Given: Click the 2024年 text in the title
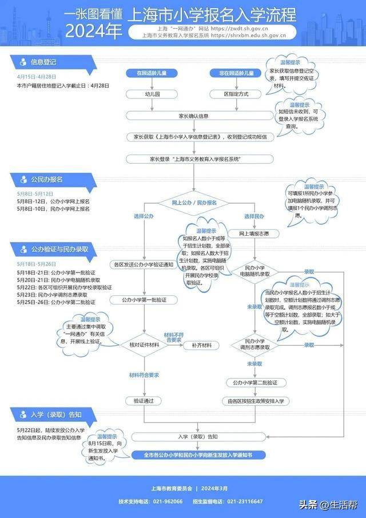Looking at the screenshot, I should click(89, 31).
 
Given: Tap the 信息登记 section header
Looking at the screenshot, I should click(43, 61).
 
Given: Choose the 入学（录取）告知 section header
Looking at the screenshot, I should click(55, 414).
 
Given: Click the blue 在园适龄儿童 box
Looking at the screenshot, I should click(152, 74).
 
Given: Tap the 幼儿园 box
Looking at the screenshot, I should click(152, 93).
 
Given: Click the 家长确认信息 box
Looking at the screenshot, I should click(194, 116).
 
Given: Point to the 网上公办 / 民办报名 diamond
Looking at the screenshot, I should click(194, 203).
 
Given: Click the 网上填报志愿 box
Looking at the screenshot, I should click(254, 234).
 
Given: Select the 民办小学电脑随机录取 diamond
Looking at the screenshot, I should click(254, 271).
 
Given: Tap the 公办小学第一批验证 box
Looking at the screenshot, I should click(145, 299).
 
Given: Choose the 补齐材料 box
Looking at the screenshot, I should click(202, 345).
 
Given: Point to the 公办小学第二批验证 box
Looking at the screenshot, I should click(254, 382).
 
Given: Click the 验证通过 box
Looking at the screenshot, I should click(144, 401).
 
